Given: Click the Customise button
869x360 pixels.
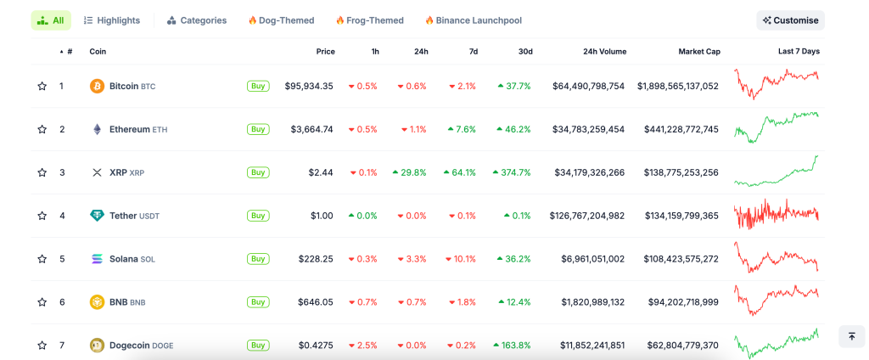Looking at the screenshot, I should point(790,20).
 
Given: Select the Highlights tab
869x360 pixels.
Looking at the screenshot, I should point(112,20).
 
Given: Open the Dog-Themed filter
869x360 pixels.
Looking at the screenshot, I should point(281,20).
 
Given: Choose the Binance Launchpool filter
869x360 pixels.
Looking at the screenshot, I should point(473,20).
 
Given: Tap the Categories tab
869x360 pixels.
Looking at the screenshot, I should point(197,20).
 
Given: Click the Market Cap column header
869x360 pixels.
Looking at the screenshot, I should point(698,52).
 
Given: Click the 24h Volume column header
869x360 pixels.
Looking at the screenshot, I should point(604,52).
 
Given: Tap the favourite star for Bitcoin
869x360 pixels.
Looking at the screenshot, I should point(42,87).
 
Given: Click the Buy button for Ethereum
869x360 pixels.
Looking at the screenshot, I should point(257,129).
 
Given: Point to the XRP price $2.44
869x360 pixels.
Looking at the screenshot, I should point(321,172).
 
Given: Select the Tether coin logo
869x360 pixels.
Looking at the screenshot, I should point(97,216).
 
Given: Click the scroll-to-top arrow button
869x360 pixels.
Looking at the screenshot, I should point(851,336).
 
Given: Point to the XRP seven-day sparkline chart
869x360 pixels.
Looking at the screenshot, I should point(776,172).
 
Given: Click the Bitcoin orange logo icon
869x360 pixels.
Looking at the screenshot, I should point(97,87).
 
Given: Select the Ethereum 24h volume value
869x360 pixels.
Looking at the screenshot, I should point(588,129).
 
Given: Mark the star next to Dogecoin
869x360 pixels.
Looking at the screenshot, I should point(42,346).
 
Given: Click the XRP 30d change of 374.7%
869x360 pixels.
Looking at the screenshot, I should point(512,172).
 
